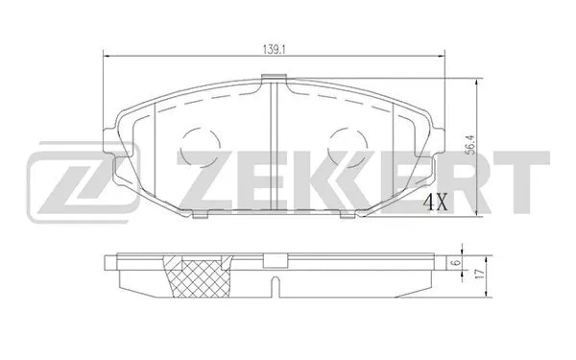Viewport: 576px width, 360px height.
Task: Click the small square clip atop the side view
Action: click(275, 258)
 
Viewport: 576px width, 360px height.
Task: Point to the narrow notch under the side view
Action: click(275, 285)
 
